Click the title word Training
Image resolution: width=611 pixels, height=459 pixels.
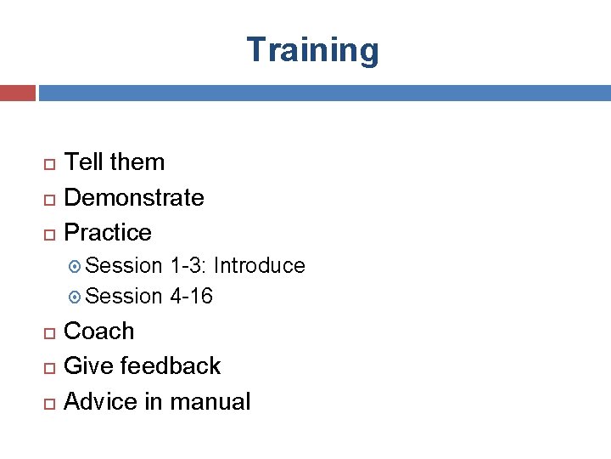pyautogui.click(x=312, y=51)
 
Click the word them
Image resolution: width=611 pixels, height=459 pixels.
pyautogui.click(x=137, y=161)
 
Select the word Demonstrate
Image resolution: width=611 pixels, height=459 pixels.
pyautogui.click(x=134, y=197)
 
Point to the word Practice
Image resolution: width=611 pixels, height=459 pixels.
pyautogui.click(x=108, y=232)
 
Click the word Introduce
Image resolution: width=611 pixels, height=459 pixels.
pyautogui.click(x=259, y=266)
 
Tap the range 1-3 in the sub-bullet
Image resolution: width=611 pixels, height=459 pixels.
pyautogui.click(x=187, y=266)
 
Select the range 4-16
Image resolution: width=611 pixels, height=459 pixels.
pyautogui.click(x=191, y=297)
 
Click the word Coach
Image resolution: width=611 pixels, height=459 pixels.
pyautogui.click(x=99, y=331)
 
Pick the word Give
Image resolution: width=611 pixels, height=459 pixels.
pyautogui.click(x=89, y=365)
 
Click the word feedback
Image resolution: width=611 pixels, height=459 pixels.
pyautogui.click(x=171, y=365)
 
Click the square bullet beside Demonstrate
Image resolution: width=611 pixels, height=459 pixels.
pyautogui.click(x=49, y=198)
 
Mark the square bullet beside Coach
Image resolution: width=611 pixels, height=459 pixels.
pyautogui.click(x=49, y=331)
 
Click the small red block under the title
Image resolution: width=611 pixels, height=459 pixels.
pyautogui.click(x=17, y=93)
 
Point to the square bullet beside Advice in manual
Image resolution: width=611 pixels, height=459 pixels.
pyautogui.click(x=49, y=402)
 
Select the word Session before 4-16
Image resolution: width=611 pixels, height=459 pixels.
pyautogui.click(x=124, y=297)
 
